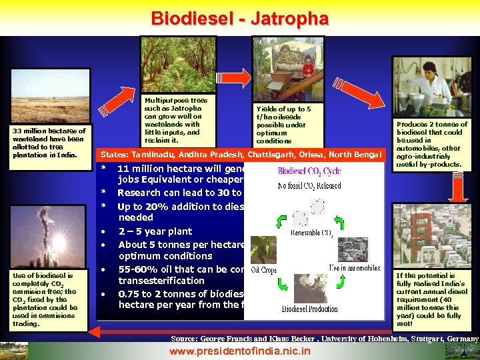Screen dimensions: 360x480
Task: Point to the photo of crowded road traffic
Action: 431,235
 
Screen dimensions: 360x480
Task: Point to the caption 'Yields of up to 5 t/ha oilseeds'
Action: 283,125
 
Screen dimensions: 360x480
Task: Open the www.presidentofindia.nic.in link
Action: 239,351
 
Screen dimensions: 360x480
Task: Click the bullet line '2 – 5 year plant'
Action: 155,231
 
